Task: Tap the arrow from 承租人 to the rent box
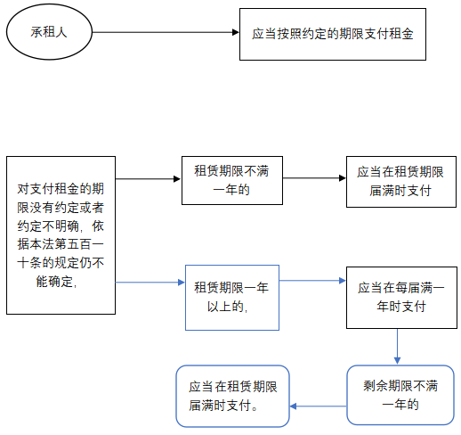pyautogui.click(x=166, y=32)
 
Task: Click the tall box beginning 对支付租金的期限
pyautogui.click(x=60, y=234)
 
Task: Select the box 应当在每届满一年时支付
pyautogui.click(x=400, y=297)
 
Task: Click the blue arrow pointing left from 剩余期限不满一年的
pyautogui.click(x=319, y=406)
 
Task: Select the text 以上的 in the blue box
pyautogui.click(x=227, y=307)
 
